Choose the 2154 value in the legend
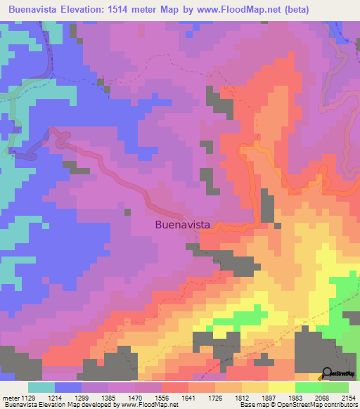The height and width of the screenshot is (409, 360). pos(349,397)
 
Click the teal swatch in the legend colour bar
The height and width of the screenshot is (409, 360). pos(41,387)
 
